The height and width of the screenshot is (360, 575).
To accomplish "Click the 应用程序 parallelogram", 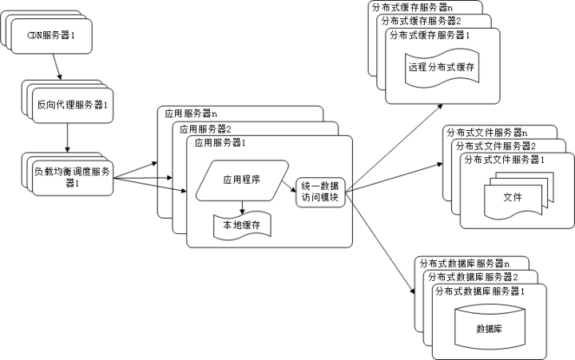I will (x=241, y=180).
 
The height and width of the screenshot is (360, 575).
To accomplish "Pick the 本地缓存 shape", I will (x=242, y=226).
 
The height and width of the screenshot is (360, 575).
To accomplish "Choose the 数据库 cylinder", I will (x=490, y=327).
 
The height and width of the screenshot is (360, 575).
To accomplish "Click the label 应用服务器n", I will (x=192, y=113).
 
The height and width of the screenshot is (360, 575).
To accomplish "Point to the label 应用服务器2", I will (x=206, y=129).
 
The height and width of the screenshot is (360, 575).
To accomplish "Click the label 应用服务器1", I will (x=220, y=143).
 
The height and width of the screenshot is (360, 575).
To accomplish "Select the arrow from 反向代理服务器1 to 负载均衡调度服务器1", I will (x=67, y=138).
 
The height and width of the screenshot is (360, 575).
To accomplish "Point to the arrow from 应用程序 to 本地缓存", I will (x=242, y=204).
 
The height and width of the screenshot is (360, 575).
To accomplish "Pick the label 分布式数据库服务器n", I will (x=462, y=263).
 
